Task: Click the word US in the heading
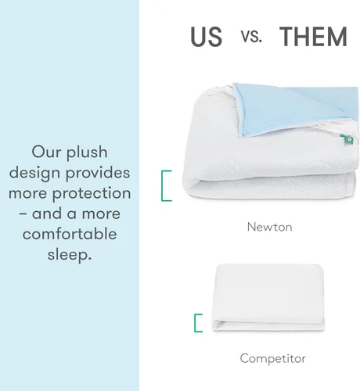pos(207,37)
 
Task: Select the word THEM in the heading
pos(312,37)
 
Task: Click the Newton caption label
pos(269,228)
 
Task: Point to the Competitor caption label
pos(272,359)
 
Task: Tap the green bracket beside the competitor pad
pos(198,323)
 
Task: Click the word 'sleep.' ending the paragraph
pos(70,254)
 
